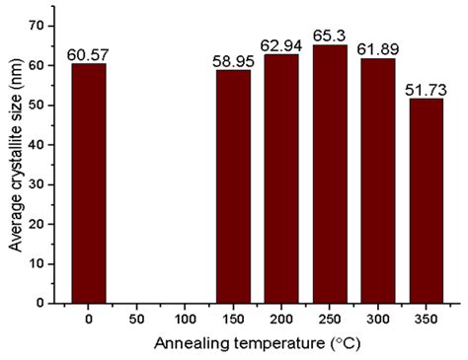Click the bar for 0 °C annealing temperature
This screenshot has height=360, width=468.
[x=89, y=183]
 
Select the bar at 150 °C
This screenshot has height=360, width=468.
[x=233, y=186]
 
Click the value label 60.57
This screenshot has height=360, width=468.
[x=89, y=54]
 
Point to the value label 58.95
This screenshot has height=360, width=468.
[x=233, y=61]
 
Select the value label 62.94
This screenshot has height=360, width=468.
[x=281, y=45]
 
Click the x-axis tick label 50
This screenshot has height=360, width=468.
[x=137, y=321]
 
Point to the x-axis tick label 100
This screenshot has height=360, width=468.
[x=185, y=321]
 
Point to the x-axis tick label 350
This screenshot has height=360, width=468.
[x=427, y=321]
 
